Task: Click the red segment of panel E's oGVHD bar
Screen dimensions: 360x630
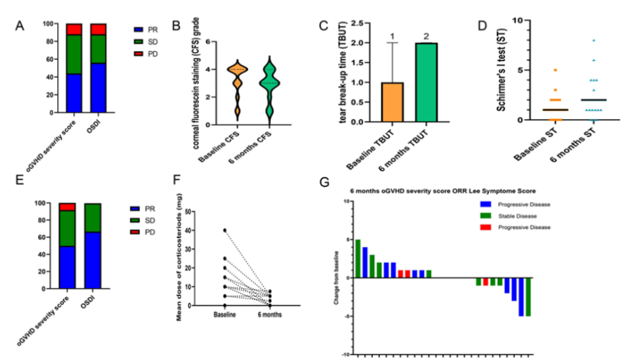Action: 68,207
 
